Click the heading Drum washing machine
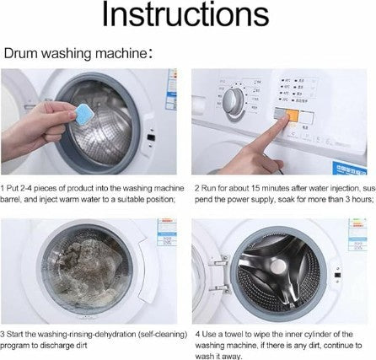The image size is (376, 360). pyautogui.click(x=75, y=53)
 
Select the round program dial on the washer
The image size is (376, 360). pyautogui.click(x=234, y=102)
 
